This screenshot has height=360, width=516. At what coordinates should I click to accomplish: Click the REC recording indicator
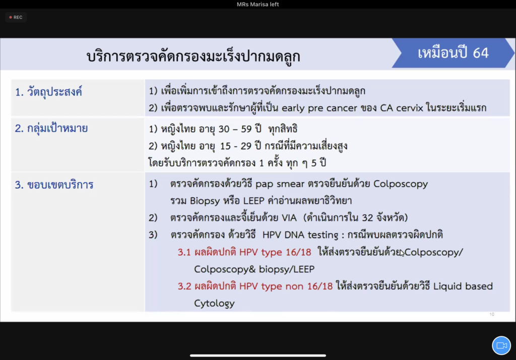16,17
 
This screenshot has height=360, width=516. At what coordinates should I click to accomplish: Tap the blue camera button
501,345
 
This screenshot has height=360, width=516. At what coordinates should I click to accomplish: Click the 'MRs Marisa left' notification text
257,4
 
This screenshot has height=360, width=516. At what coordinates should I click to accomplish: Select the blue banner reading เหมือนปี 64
453,53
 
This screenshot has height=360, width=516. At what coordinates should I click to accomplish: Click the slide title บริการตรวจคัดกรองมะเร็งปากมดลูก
193,56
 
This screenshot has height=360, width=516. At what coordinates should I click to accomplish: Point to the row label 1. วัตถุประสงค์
48,92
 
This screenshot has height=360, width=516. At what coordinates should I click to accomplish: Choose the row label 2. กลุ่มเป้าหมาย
51,128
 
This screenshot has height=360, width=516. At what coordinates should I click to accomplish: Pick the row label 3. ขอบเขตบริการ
54,185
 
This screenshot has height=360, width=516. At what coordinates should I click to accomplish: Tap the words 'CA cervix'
402,108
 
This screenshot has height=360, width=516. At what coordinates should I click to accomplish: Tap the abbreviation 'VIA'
289,218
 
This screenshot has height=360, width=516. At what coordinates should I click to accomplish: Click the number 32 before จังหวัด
367,218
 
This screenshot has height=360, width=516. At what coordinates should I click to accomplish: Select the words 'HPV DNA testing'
300,235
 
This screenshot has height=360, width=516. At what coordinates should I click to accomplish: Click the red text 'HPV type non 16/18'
286,286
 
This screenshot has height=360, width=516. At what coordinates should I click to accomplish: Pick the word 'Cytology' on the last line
214,304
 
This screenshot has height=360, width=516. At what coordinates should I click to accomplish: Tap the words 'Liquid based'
463,286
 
